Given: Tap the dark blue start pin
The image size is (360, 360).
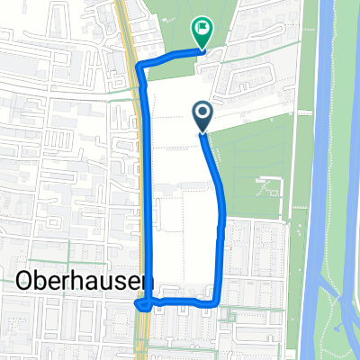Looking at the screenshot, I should tap(202, 115).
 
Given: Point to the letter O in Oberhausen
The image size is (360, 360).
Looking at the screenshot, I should tap(25, 281).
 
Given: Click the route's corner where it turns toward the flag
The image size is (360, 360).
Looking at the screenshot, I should tap(137, 66).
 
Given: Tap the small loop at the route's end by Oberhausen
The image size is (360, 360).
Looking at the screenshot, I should tap(142, 304).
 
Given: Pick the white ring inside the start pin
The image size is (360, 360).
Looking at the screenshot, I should tap(202, 112).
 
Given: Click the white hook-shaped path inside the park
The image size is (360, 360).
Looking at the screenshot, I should tap(270, 189).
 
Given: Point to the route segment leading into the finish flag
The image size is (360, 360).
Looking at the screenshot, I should tap(171, 57).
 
